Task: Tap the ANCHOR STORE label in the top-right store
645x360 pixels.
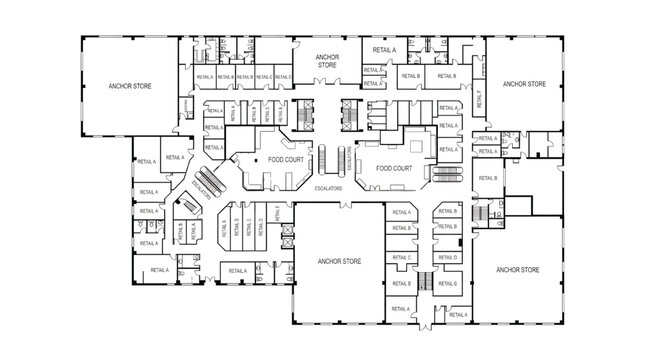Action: point(524,84)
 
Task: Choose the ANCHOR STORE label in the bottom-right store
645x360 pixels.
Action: point(518,269)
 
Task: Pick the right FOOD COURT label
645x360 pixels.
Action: point(394,169)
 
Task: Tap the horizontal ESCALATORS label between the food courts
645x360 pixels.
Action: point(329,188)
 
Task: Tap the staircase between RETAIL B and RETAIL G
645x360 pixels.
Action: point(425,284)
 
